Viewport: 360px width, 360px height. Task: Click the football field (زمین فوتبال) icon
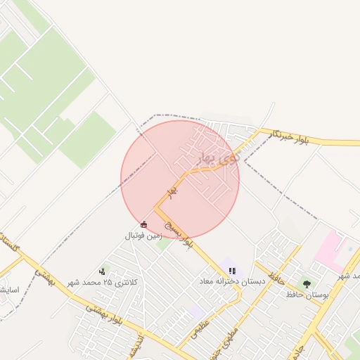pos(144,224)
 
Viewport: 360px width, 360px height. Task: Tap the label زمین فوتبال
pos(144,236)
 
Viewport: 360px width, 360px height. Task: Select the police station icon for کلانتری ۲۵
pos(103,271)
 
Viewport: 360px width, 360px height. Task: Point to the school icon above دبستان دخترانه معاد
pos(233,271)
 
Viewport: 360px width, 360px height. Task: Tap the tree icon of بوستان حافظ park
pos(307,283)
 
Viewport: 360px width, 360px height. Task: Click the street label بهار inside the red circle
pos(171,191)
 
